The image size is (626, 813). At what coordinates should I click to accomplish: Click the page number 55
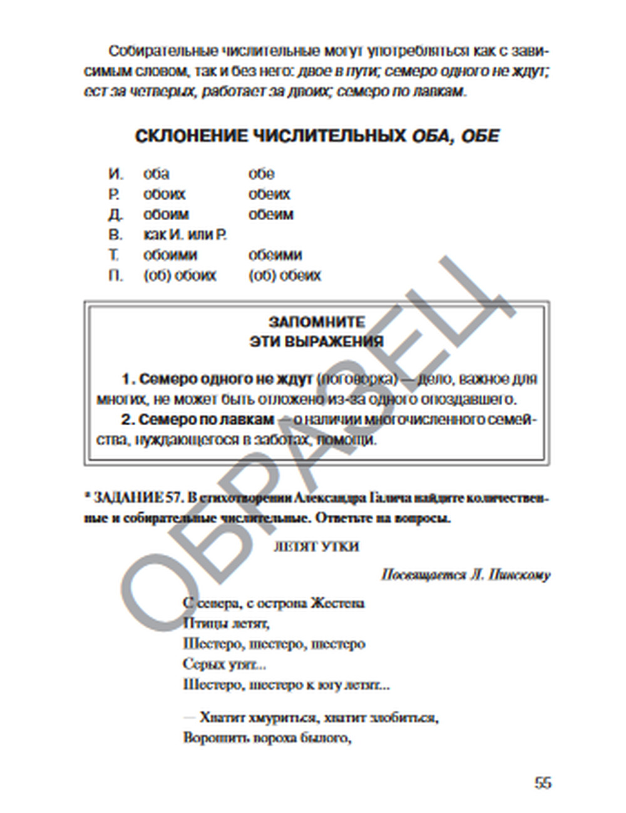pyautogui.click(x=543, y=782)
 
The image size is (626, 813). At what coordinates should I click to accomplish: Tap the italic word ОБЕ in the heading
pyautogui.click(x=480, y=136)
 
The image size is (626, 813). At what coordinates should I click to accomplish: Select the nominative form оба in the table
pyautogui.click(x=156, y=174)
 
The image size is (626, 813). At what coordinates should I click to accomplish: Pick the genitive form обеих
pyautogui.click(x=269, y=194)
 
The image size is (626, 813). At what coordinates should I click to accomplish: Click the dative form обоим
pyautogui.click(x=166, y=215)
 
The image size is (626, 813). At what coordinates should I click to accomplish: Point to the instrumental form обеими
pyautogui.click(x=275, y=255)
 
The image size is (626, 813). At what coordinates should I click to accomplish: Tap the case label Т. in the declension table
pyautogui.click(x=114, y=255)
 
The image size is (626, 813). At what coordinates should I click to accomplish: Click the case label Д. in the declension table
pyautogui.click(x=115, y=215)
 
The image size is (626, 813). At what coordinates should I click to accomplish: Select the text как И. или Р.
pyautogui.click(x=185, y=235)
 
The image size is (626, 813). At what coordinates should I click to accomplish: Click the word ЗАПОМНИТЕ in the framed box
pyautogui.click(x=316, y=321)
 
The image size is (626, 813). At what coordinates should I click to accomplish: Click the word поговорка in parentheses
pyautogui.click(x=357, y=379)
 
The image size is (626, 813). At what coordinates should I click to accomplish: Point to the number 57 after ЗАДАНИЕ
pyautogui.click(x=173, y=498)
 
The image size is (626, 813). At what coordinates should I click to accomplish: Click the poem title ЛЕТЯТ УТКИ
pyautogui.click(x=316, y=546)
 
